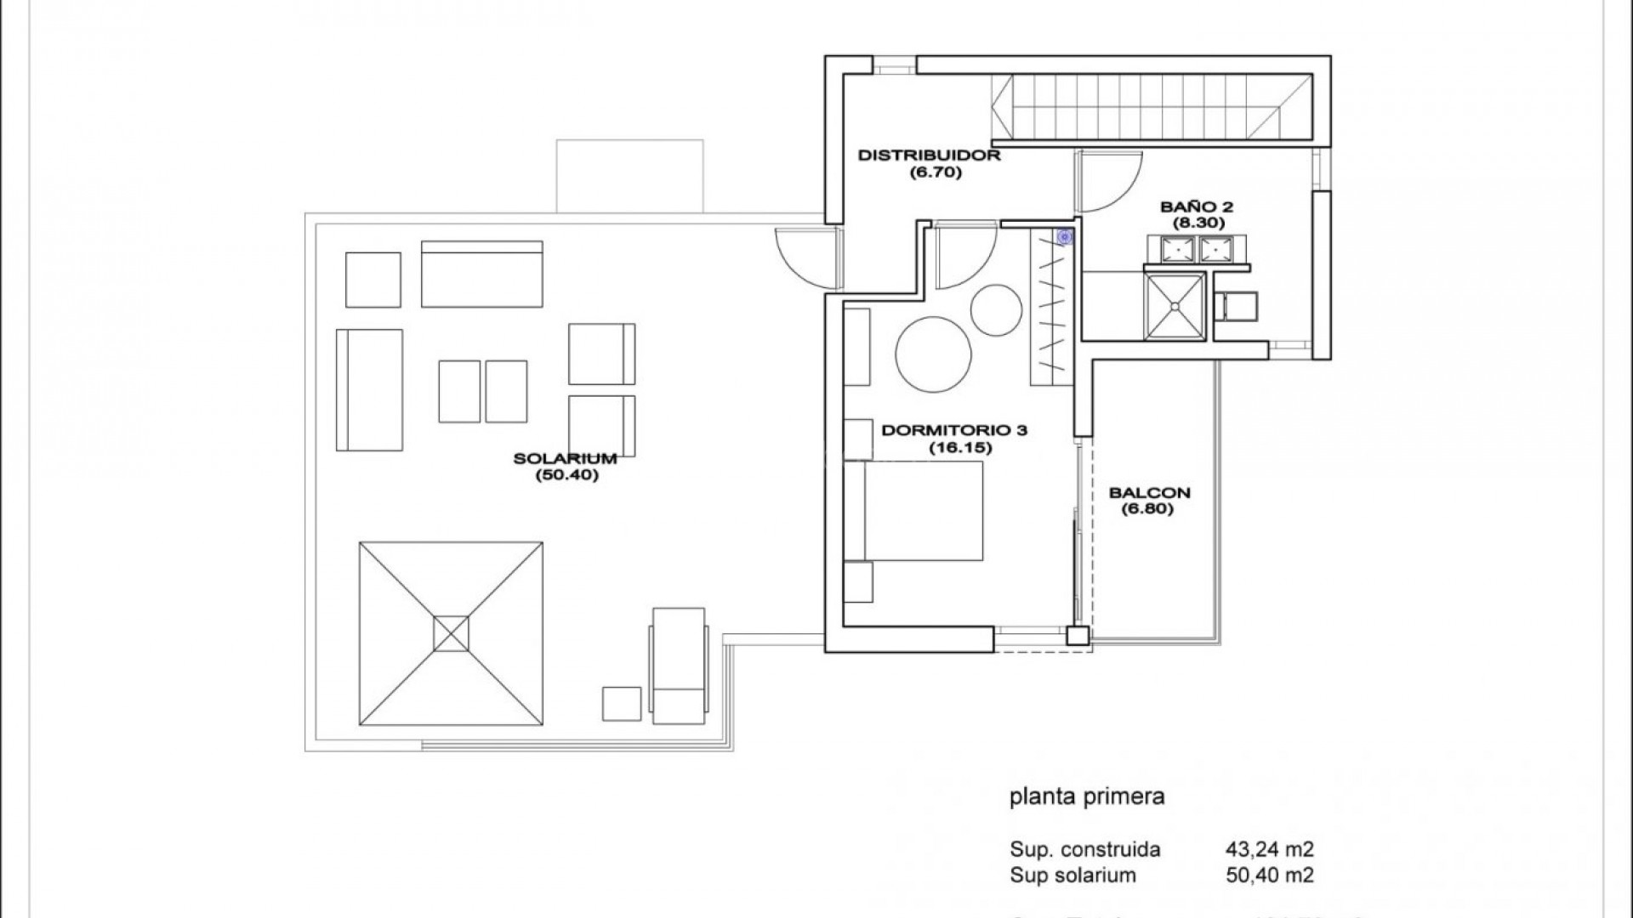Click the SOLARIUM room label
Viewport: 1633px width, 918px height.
(565, 459)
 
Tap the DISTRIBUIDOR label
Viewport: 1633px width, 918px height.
(929, 156)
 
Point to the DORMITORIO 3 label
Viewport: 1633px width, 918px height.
(954, 430)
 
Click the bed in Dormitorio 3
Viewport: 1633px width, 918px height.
(923, 511)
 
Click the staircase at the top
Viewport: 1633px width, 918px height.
(1152, 109)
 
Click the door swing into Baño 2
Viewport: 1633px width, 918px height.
(1106, 183)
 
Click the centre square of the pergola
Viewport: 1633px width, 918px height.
(451, 634)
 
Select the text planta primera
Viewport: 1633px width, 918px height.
(1086, 797)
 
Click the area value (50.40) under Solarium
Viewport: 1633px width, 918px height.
(566, 476)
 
